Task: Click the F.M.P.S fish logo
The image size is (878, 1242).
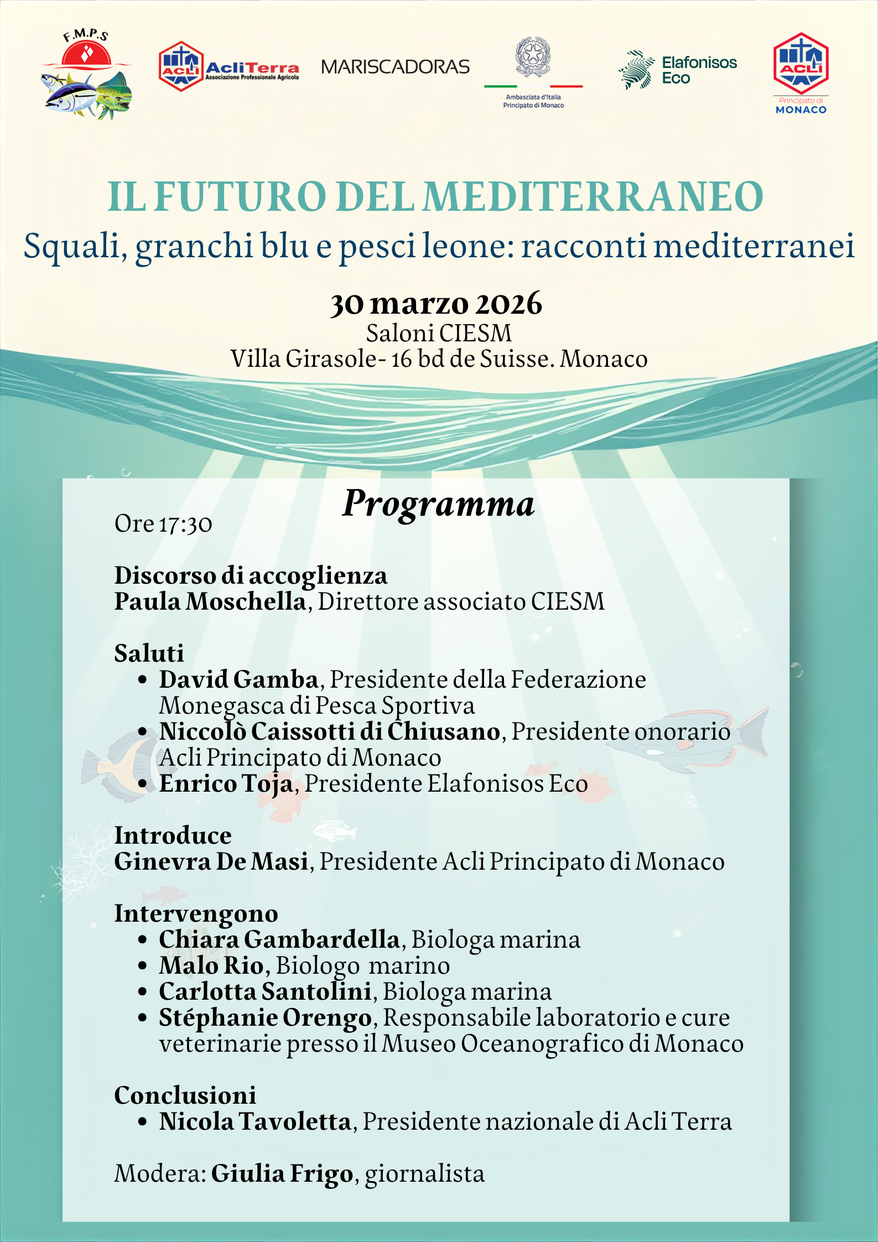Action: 86,75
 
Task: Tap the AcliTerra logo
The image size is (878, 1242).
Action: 228,67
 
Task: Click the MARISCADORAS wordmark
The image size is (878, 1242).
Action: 395,67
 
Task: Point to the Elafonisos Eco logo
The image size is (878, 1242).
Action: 678,70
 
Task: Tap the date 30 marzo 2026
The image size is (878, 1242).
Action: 436,303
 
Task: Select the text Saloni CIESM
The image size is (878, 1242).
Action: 439,333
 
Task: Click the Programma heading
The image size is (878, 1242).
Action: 438,503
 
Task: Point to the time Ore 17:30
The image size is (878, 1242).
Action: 163,524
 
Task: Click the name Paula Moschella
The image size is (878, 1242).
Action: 210,601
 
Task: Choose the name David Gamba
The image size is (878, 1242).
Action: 238,679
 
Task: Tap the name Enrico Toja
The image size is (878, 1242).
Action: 226,783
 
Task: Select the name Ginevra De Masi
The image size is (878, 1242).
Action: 211,861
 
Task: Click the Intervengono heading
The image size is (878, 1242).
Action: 196,913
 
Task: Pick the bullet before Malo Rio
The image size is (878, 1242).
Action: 143,966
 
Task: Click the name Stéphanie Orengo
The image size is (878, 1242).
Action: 265,1018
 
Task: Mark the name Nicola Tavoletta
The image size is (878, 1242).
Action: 255,1122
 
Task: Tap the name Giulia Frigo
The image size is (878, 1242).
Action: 282,1174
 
